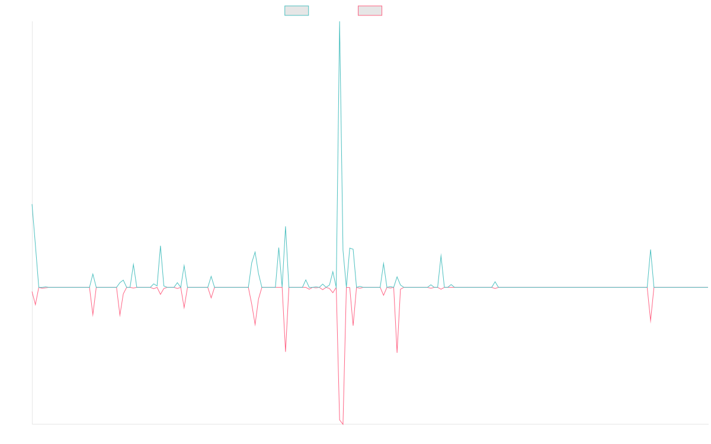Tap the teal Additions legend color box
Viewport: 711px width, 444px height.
pos(297,11)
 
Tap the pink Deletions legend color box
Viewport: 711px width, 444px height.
pos(370,11)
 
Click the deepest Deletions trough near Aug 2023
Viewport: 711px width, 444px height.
pos(342,424)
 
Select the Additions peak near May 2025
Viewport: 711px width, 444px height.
pos(651,250)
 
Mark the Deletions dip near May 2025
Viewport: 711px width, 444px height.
pos(651,323)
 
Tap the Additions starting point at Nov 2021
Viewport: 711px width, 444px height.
pos(32,205)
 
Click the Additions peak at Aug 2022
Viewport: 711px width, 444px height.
pos(160,246)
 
